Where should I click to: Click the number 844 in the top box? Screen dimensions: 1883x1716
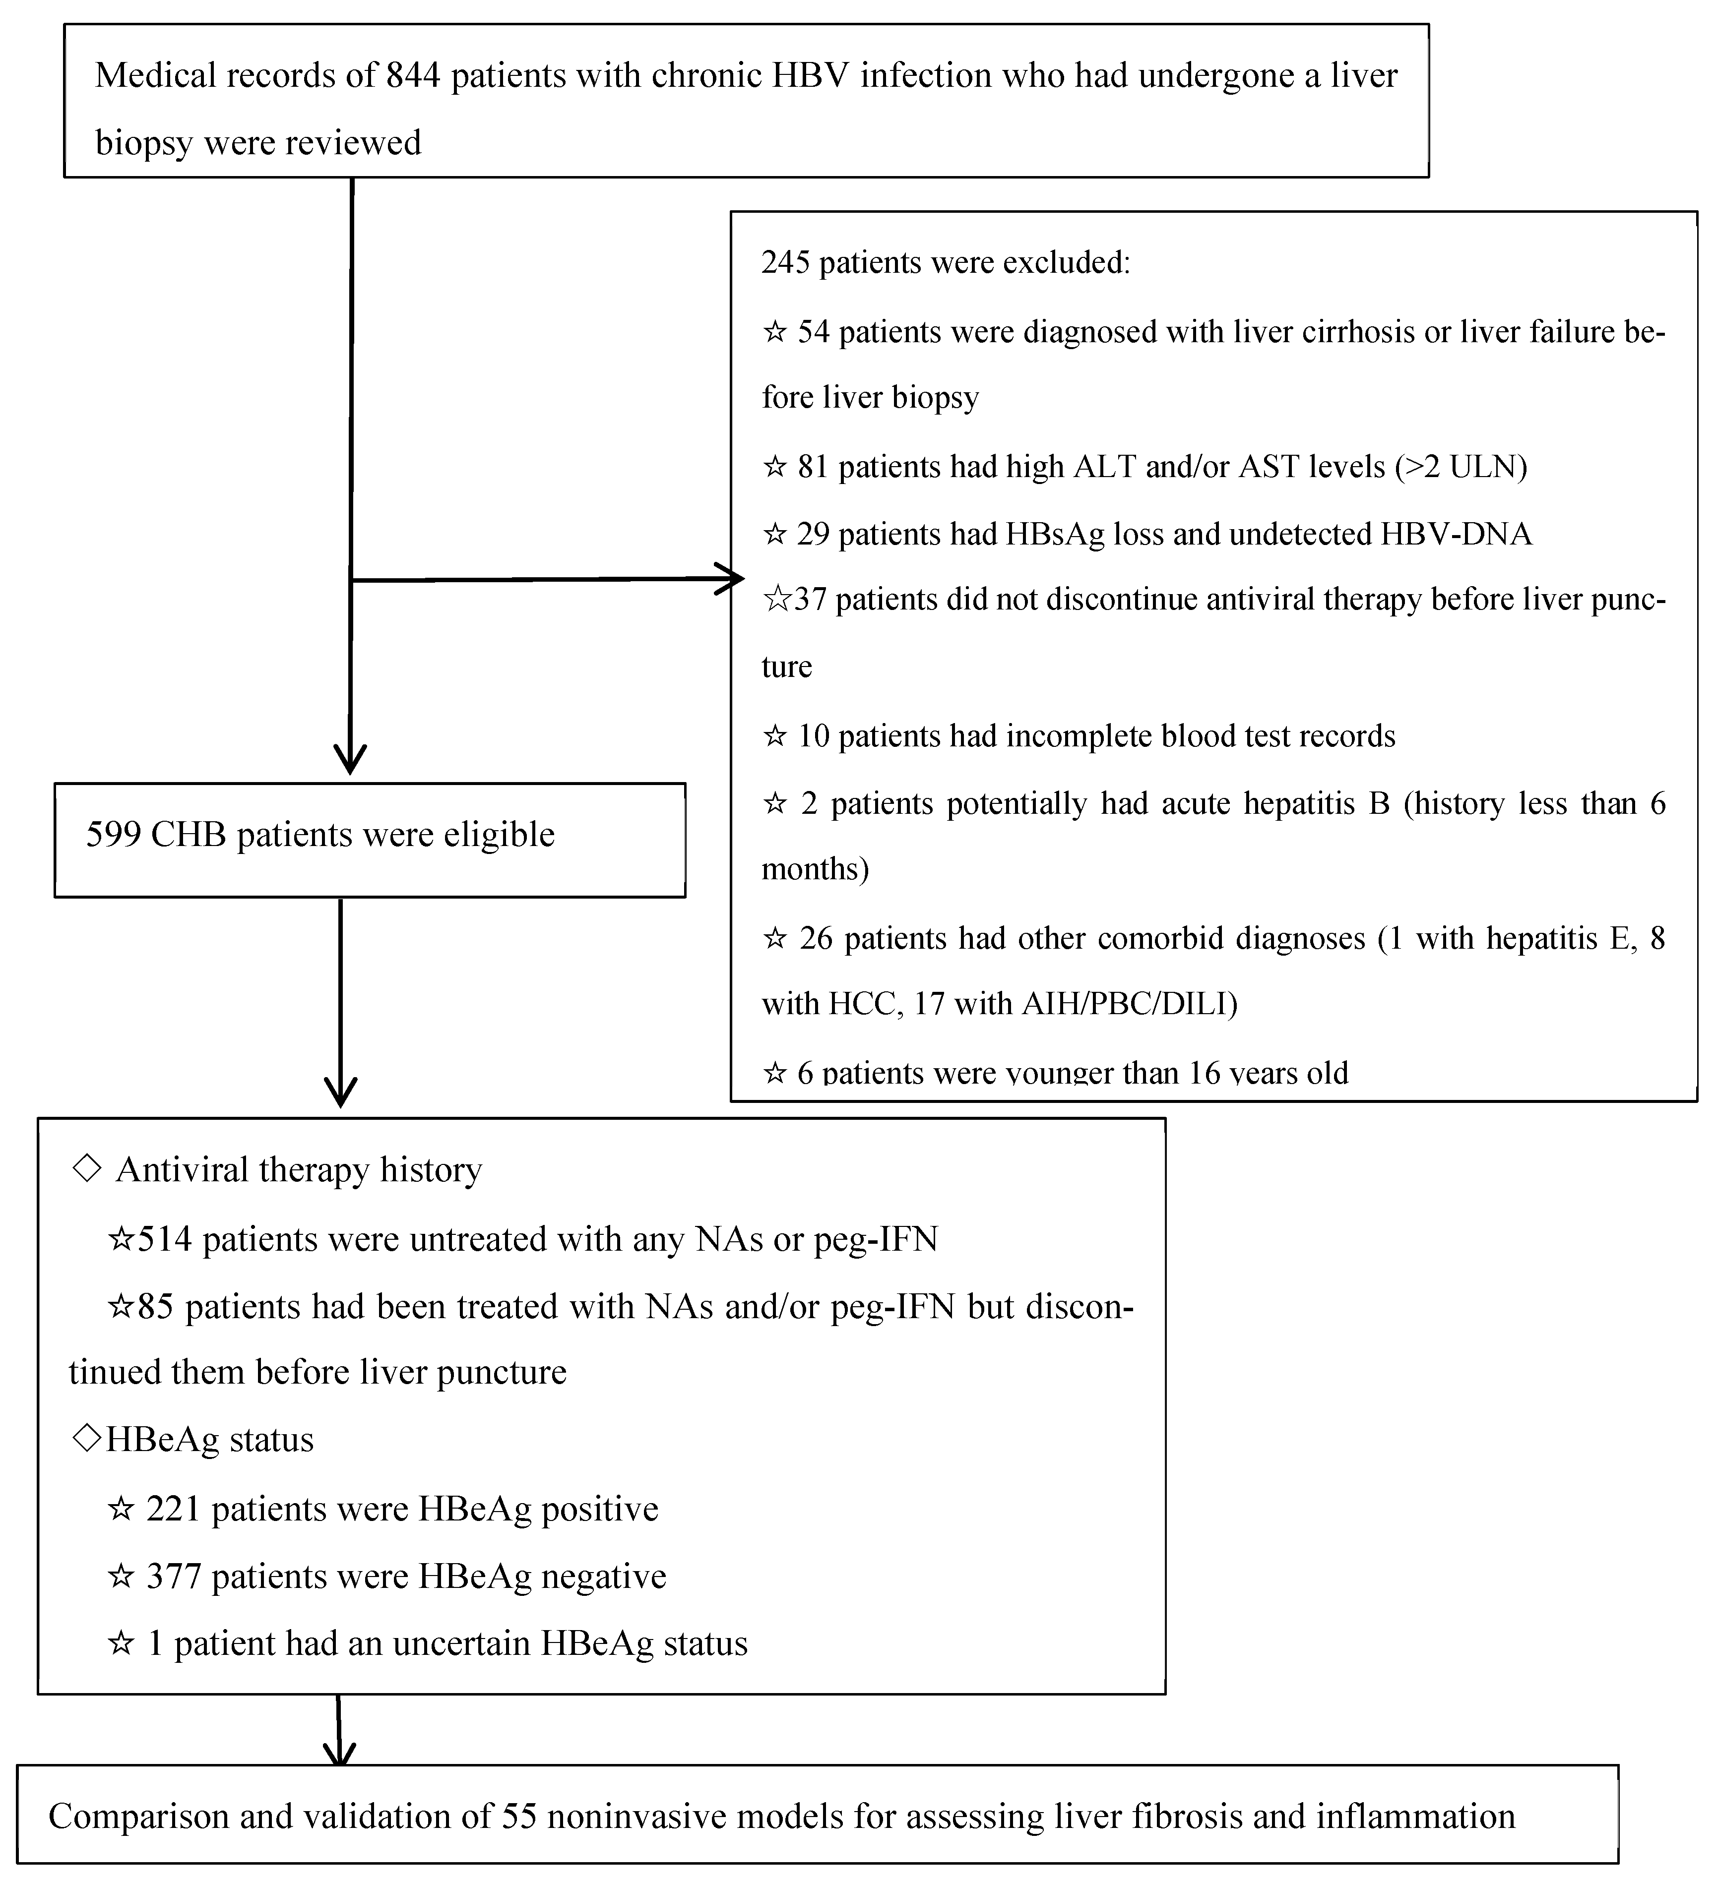coord(413,76)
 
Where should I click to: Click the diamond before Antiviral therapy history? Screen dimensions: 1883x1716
coord(86,1168)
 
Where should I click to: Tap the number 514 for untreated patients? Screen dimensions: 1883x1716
coord(164,1239)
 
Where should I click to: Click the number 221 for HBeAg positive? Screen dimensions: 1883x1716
coord(173,1509)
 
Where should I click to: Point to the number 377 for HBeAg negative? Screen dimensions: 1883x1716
coord(174,1577)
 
